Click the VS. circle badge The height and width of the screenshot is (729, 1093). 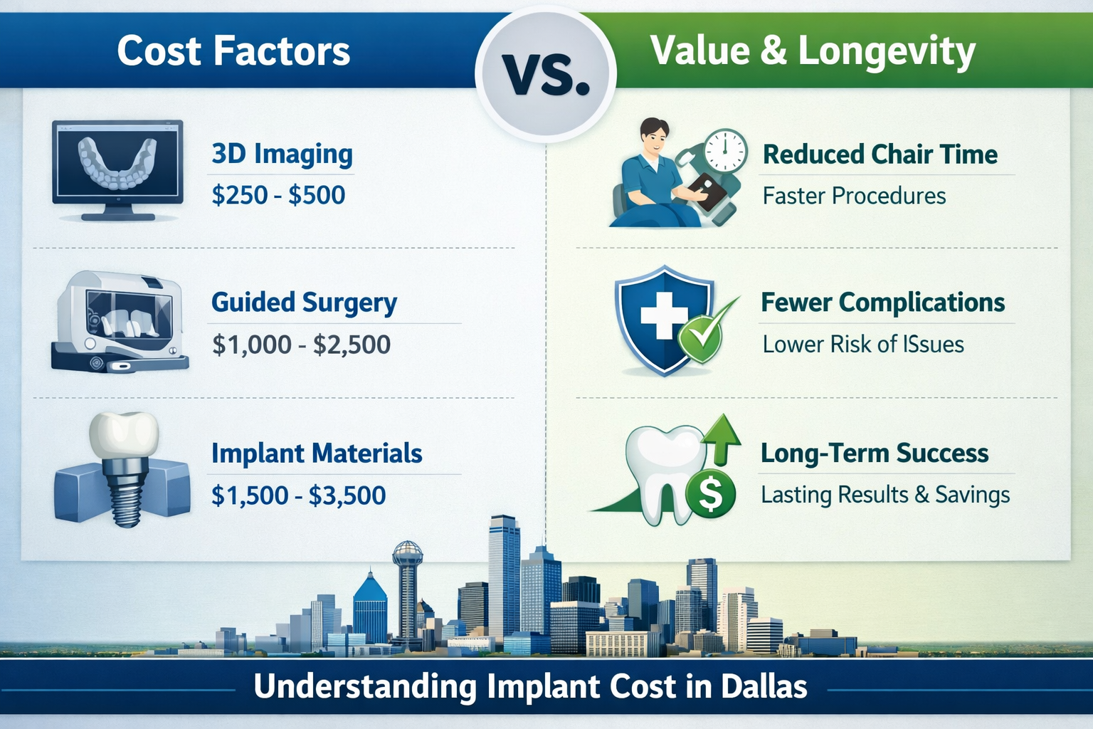point(546,73)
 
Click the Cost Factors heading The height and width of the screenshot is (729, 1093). point(233,51)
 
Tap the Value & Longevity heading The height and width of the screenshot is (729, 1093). point(813,51)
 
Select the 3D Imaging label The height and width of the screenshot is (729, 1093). point(282,154)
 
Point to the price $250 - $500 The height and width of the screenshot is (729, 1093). point(278,195)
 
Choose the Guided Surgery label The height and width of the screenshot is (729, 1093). point(304,303)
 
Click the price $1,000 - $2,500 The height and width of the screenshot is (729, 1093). point(301,345)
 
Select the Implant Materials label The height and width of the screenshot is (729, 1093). point(317,453)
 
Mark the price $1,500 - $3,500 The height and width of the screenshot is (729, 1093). point(298,495)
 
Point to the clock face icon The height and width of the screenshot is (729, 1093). point(725,150)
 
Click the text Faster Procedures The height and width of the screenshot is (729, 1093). point(854,196)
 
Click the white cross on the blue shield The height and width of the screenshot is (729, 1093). point(662,315)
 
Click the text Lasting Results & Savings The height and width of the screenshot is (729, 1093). point(885,495)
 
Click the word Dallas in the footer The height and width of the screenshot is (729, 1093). point(764,687)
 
